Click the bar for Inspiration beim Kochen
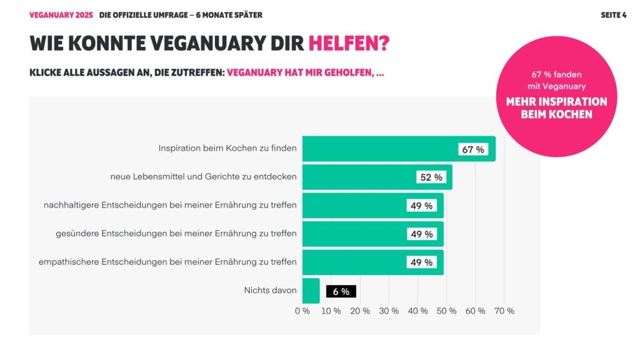coord(375,149)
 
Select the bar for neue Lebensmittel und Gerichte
coord(356,177)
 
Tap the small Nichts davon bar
coord(311,291)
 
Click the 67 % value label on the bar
coord(473,149)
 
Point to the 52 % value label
coord(431,177)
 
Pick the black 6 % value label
coord(341,291)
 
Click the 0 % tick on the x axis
coord(302,311)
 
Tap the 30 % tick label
coord(389,311)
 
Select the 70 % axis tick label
coord(504,311)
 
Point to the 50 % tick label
coord(447,311)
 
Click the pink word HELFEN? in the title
coord(349,44)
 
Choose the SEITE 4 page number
coord(613,15)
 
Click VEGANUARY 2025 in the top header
coord(61,15)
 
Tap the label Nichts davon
coord(270,291)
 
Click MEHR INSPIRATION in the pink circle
coord(556,102)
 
